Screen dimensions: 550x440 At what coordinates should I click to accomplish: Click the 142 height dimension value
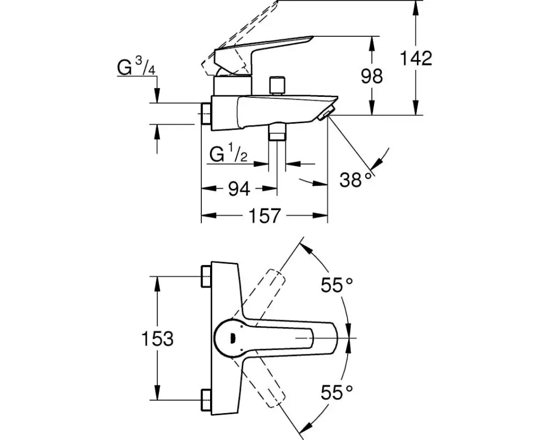point(416,58)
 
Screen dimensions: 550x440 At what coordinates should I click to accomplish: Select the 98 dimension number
point(372,76)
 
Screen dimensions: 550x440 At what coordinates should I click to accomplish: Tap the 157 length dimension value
point(265,216)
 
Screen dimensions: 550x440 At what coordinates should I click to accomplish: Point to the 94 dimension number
point(239,189)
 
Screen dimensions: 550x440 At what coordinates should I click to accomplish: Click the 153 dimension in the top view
point(157,339)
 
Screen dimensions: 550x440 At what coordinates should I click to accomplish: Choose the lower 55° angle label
point(337,392)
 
